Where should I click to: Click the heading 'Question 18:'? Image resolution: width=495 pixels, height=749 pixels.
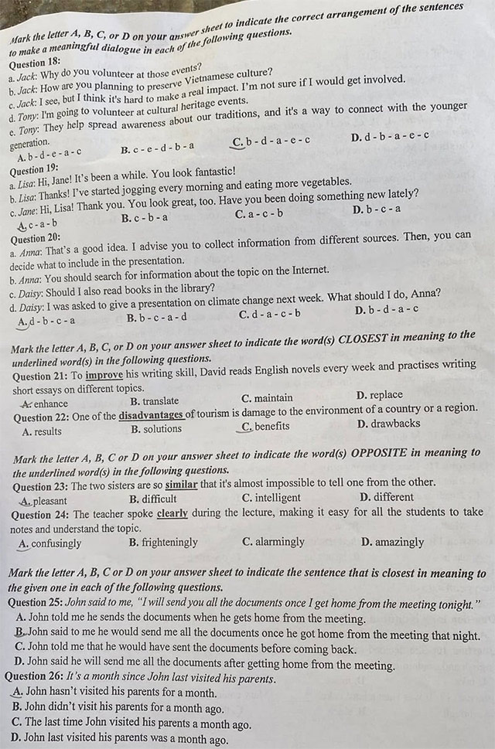(x=35, y=63)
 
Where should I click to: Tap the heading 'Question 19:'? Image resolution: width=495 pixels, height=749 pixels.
(x=34, y=169)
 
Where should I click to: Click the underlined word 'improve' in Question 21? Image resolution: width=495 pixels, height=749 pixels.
(x=103, y=375)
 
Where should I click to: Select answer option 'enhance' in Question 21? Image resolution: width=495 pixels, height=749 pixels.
(x=49, y=403)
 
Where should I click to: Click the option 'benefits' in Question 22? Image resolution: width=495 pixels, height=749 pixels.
(x=271, y=426)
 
